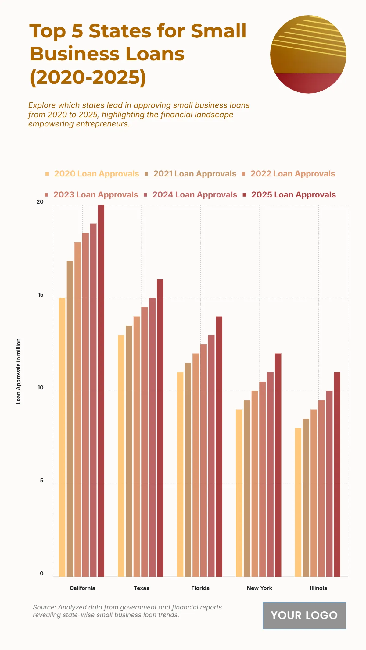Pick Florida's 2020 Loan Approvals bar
180,474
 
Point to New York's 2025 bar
278,465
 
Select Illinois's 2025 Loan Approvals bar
337,474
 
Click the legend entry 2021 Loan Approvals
195,174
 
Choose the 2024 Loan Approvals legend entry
195,195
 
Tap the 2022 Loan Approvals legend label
292,174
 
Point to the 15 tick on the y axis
41,295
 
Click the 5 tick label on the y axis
42,481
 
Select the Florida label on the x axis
200,588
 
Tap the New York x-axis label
259,588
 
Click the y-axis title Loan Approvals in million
18,371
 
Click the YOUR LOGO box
304,615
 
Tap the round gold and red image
308,54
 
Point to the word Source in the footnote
44,607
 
